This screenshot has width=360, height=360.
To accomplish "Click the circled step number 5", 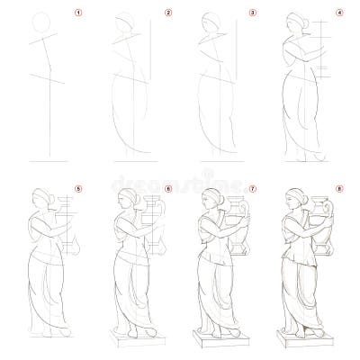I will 78,188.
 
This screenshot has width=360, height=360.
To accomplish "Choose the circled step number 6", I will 167,188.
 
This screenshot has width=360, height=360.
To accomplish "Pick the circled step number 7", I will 253,188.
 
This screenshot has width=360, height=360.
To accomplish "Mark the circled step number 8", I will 339,188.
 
